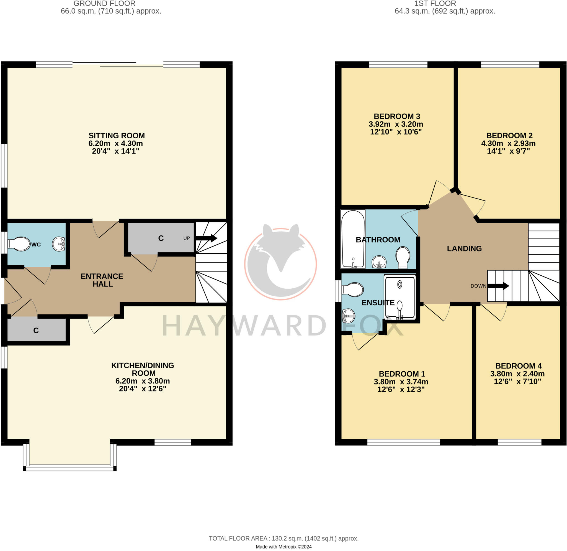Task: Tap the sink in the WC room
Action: (x=59, y=244)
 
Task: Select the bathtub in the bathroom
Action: (x=353, y=239)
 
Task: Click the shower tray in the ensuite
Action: (x=400, y=297)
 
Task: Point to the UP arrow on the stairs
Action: (x=206, y=238)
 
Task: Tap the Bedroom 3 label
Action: (x=397, y=116)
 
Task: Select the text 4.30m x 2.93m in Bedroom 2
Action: (x=508, y=143)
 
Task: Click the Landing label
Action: (x=464, y=248)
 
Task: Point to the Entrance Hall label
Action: (x=102, y=280)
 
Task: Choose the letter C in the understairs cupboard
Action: (x=161, y=238)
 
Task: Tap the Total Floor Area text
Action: (x=283, y=539)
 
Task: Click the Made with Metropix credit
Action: (x=283, y=547)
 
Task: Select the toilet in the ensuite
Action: (x=353, y=290)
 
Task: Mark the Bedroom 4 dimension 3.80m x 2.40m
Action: (x=517, y=374)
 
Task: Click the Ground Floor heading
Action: (x=104, y=4)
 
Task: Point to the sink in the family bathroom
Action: (x=379, y=262)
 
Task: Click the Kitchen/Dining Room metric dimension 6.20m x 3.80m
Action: (x=143, y=381)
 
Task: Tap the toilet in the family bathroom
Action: (x=403, y=257)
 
